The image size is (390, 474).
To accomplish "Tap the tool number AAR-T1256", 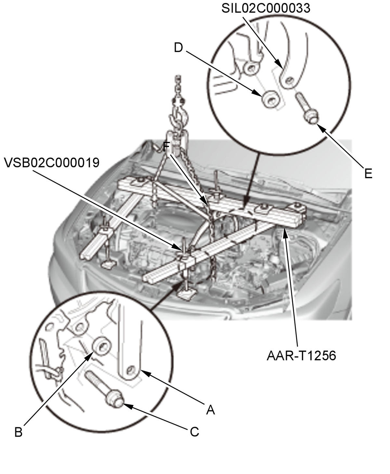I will [301, 355].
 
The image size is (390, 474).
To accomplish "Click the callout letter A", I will [211, 410].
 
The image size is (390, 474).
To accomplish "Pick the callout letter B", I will [19, 432].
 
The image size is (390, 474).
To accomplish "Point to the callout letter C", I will [194, 432].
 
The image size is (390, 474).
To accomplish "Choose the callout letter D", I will [178, 47].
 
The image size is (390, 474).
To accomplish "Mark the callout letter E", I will [368, 174].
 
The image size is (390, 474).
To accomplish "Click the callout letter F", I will [166, 147].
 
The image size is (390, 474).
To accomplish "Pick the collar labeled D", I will [270, 99].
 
